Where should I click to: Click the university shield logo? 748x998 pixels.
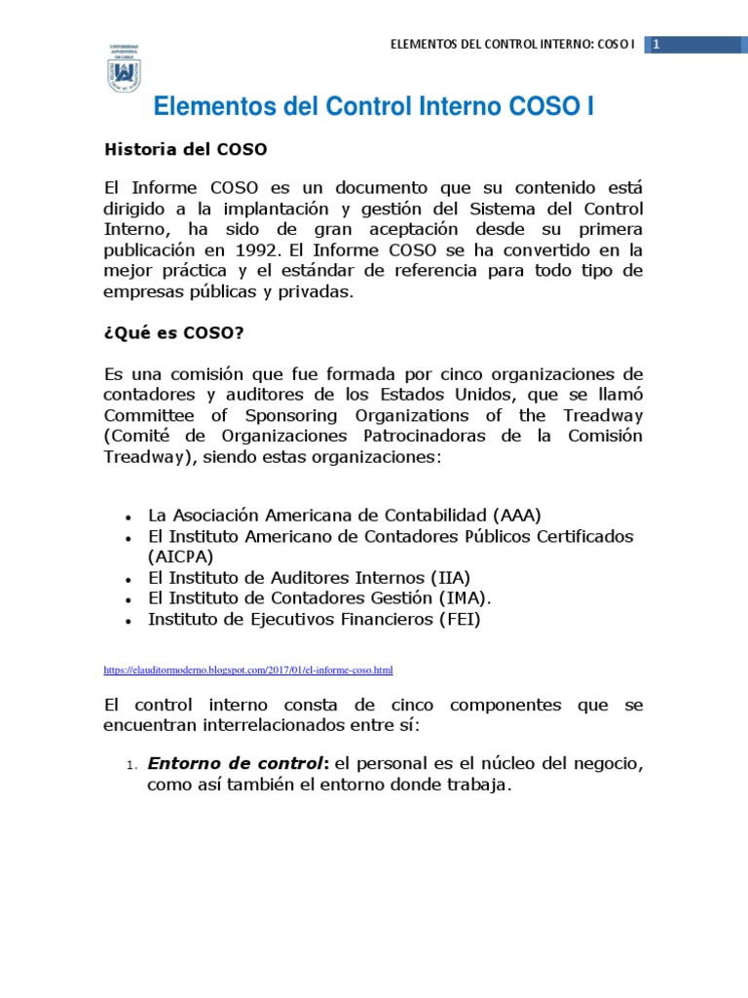(x=124, y=69)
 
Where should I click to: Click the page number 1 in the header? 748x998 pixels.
(x=656, y=45)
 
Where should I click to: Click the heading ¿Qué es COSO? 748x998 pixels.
(x=173, y=333)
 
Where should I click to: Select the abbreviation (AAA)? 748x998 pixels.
(x=516, y=515)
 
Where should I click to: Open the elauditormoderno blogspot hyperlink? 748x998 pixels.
(x=247, y=671)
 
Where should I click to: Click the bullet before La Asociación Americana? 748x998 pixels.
(x=129, y=517)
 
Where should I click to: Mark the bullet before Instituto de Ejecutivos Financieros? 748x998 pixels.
(x=129, y=621)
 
